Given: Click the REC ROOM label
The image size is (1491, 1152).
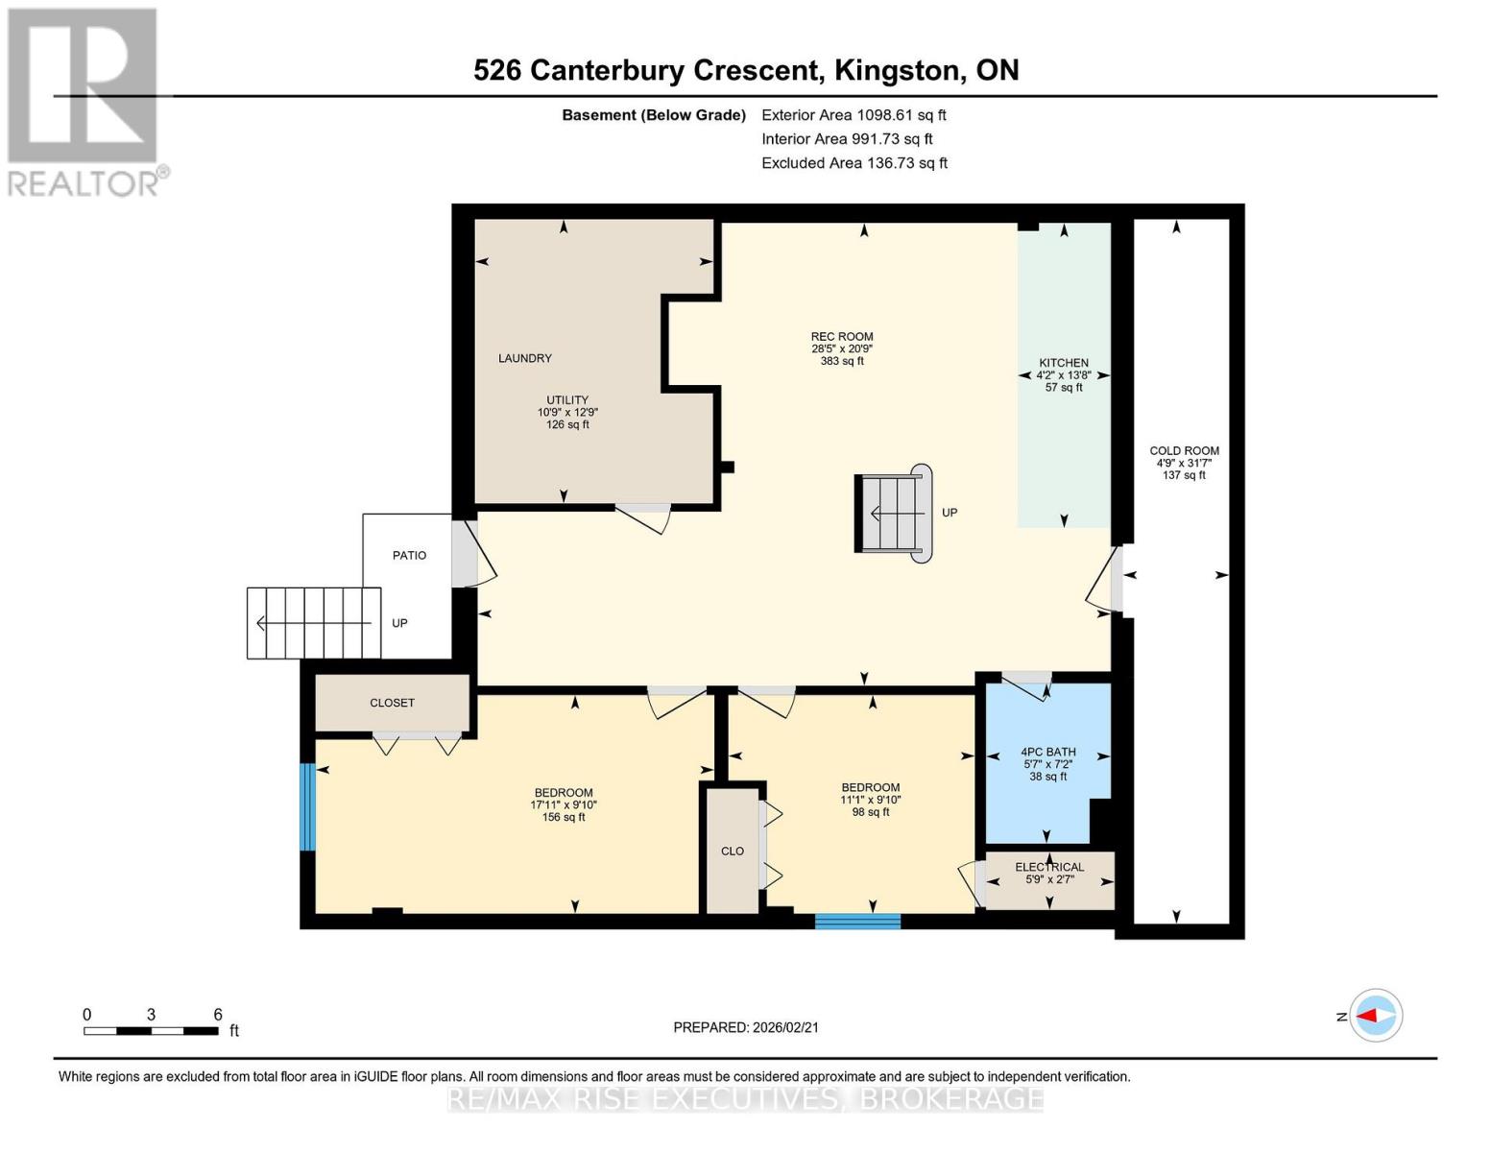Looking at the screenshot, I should (841, 337).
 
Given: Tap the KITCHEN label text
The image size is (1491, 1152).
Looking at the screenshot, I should (1063, 363).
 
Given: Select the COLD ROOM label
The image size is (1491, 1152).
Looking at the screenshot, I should (1184, 450).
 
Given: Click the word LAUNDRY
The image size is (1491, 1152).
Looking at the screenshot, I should (524, 358).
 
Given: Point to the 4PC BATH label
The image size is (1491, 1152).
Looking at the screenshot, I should (1047, 752).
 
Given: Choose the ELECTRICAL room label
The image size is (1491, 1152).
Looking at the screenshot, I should (1049, 867).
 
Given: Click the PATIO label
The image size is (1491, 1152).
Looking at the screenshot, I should (409, 555).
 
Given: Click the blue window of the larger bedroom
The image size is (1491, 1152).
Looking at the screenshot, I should (307, 806).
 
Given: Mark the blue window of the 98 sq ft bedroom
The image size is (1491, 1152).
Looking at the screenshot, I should (857, 922).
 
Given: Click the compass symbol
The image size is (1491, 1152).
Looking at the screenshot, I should (1376, 1015).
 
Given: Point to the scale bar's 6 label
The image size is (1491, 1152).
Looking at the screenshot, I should (218, 1014).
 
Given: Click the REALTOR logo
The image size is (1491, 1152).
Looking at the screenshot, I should (84, 101).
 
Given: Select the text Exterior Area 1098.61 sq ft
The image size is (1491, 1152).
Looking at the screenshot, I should (854, 114).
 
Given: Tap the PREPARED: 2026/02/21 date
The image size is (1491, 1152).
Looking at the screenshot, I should (745, 1027).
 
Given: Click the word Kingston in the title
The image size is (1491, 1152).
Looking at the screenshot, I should (897, 70).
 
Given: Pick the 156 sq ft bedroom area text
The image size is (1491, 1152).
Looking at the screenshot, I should (563, 817).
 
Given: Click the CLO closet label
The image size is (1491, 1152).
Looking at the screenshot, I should (732, 851).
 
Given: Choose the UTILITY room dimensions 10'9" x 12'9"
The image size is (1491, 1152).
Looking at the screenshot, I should (567, 412).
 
